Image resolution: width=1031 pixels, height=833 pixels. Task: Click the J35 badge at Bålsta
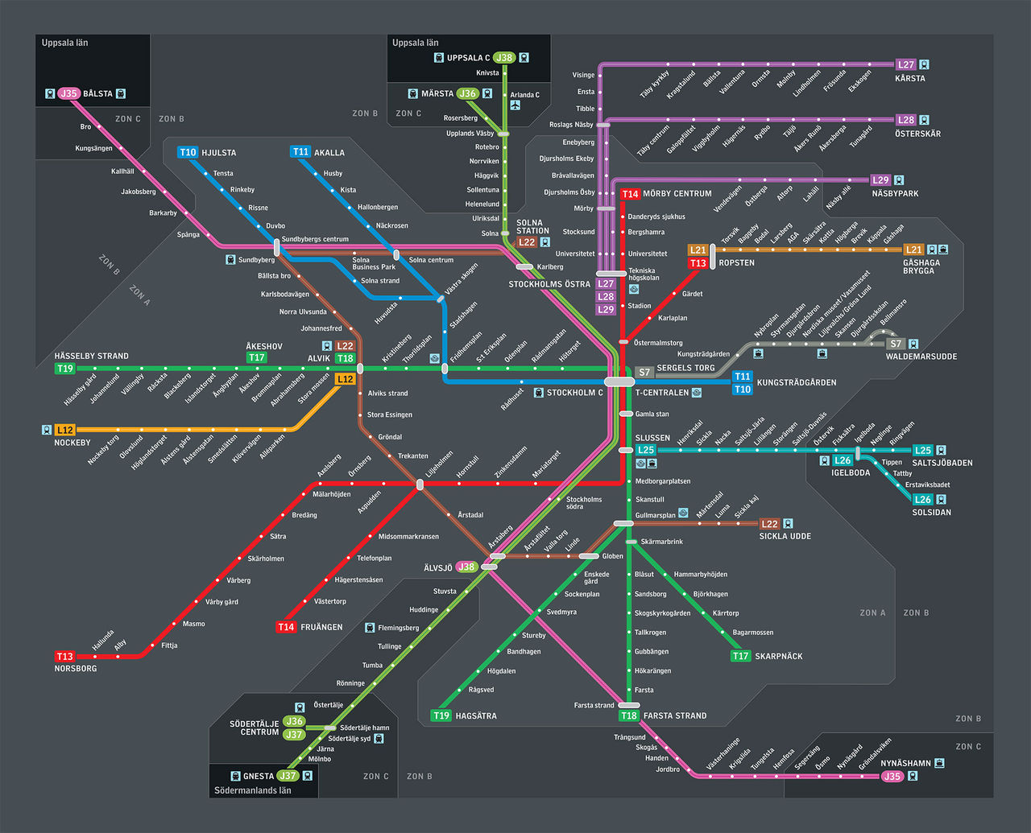point(68,93)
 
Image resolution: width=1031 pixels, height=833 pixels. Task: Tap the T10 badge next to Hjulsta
point(188,152)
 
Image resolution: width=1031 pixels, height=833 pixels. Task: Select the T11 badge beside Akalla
point(300,151)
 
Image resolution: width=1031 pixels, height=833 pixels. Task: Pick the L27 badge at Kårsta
point(906,64)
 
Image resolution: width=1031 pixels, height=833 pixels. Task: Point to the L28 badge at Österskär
point(906,120)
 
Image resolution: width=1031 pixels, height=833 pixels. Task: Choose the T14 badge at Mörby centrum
point(630,194)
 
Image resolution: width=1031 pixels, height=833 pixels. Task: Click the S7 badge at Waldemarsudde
point(895,344)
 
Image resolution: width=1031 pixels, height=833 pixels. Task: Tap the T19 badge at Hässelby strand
point(64,369)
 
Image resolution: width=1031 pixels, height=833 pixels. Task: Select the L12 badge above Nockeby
point(65,430)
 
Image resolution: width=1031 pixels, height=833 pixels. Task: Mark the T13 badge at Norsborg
point(64,657)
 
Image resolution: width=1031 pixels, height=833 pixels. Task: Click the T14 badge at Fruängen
point(286,627)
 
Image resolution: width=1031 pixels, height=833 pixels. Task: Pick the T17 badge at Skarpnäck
point(740,656)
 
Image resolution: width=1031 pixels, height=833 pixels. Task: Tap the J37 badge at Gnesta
point(288,776)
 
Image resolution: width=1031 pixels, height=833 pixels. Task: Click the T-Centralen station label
point(662,393)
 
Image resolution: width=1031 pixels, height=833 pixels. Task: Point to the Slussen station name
point(652,438)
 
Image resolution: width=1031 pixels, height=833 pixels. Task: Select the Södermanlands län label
point(253,790)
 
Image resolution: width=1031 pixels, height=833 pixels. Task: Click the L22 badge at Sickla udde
point(769,524)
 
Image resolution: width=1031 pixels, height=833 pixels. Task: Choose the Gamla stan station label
point(652,414)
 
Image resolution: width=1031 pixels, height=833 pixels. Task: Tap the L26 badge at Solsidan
point(923,499)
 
